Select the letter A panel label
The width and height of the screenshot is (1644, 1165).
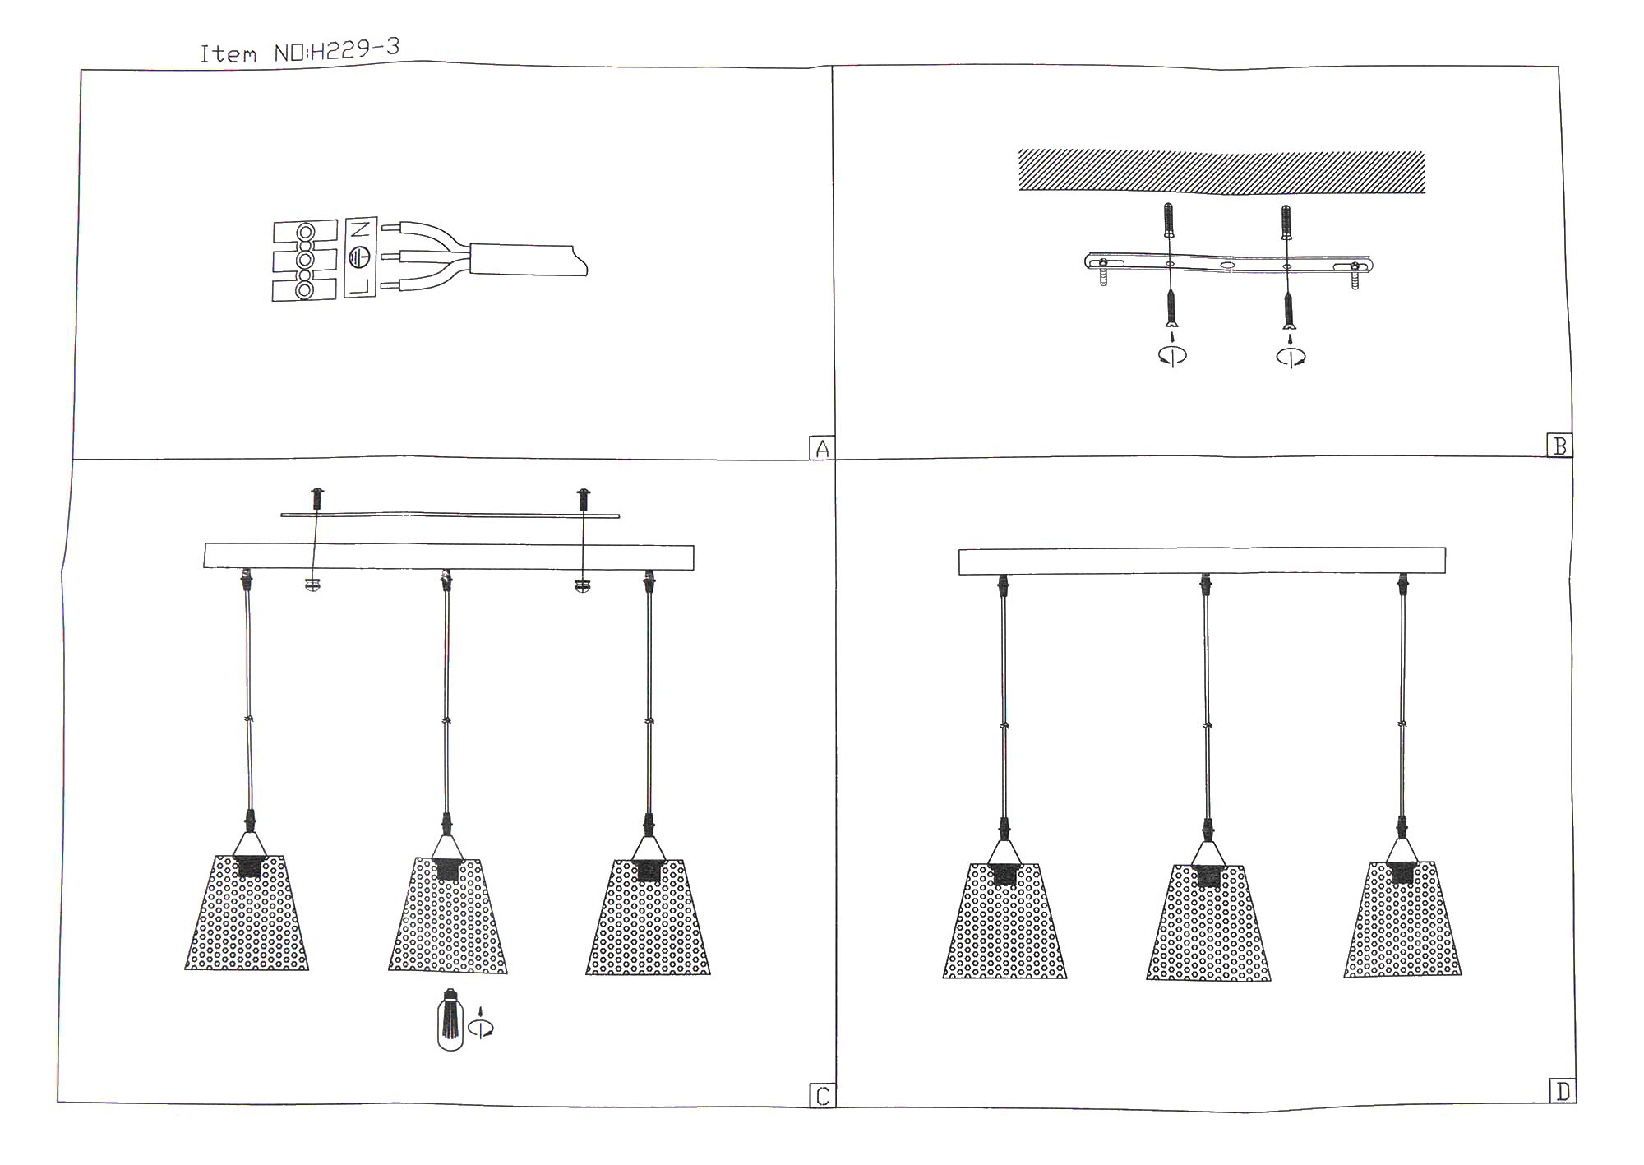click(821, 449)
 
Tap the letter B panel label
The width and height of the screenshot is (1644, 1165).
click(1559, 446)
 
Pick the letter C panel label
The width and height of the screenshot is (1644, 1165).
click(822, 1096)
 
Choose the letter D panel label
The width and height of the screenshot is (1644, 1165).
click(1563, 1092)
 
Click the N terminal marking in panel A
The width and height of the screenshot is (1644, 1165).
click(360, 229)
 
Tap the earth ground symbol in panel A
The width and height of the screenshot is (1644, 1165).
click(359, 257)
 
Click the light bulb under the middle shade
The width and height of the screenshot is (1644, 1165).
click(450, 1019)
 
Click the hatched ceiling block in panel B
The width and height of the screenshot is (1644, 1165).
click(1221, 172)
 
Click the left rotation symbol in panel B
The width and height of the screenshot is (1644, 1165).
click(1172, 355)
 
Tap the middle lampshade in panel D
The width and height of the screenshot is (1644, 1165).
click(1208, 922)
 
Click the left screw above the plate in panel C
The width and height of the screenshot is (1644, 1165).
click(317, 498)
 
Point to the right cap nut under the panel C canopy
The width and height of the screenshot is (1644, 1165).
click(583, 585)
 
